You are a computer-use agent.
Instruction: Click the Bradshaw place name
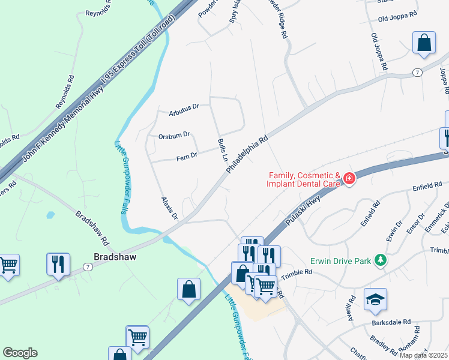pos(115,257)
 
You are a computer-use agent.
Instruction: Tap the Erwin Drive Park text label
pos(340,261)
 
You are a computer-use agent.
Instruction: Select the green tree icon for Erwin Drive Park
pos(379,260)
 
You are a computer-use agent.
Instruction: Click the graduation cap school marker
pos(375,299)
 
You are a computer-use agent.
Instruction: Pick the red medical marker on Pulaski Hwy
pos(348,178)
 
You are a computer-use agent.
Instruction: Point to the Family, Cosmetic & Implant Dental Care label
pos(305,180)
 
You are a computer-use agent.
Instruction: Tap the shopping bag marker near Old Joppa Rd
pos(424,43)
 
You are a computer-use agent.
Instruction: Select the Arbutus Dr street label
pos(184,107)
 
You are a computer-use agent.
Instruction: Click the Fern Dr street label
pos(186,156)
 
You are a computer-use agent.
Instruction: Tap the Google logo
pos(20,353)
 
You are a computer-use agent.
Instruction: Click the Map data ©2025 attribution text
pos(423,355)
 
